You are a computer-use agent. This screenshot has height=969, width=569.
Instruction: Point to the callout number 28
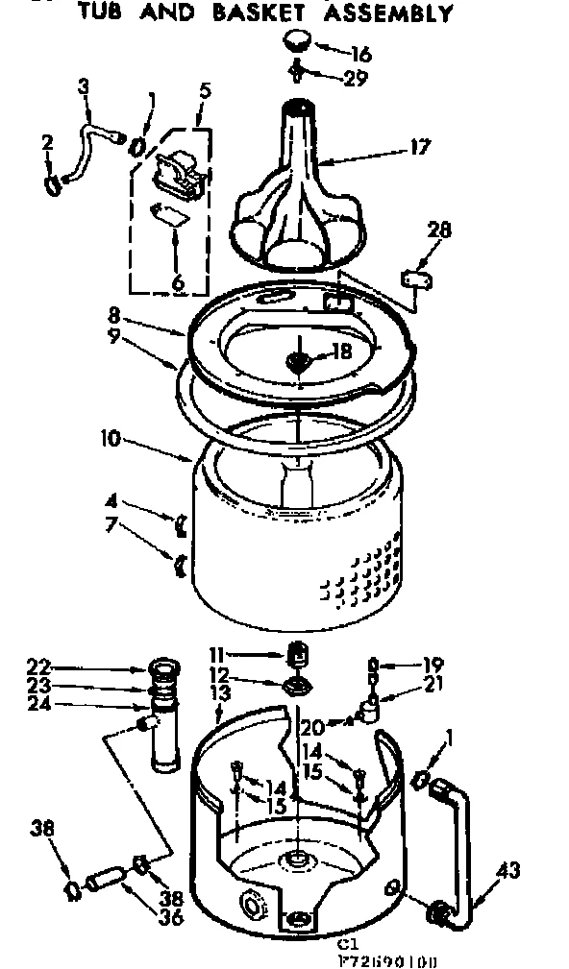pos(439,230)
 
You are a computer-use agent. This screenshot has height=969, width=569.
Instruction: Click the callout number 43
pos(508,871)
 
